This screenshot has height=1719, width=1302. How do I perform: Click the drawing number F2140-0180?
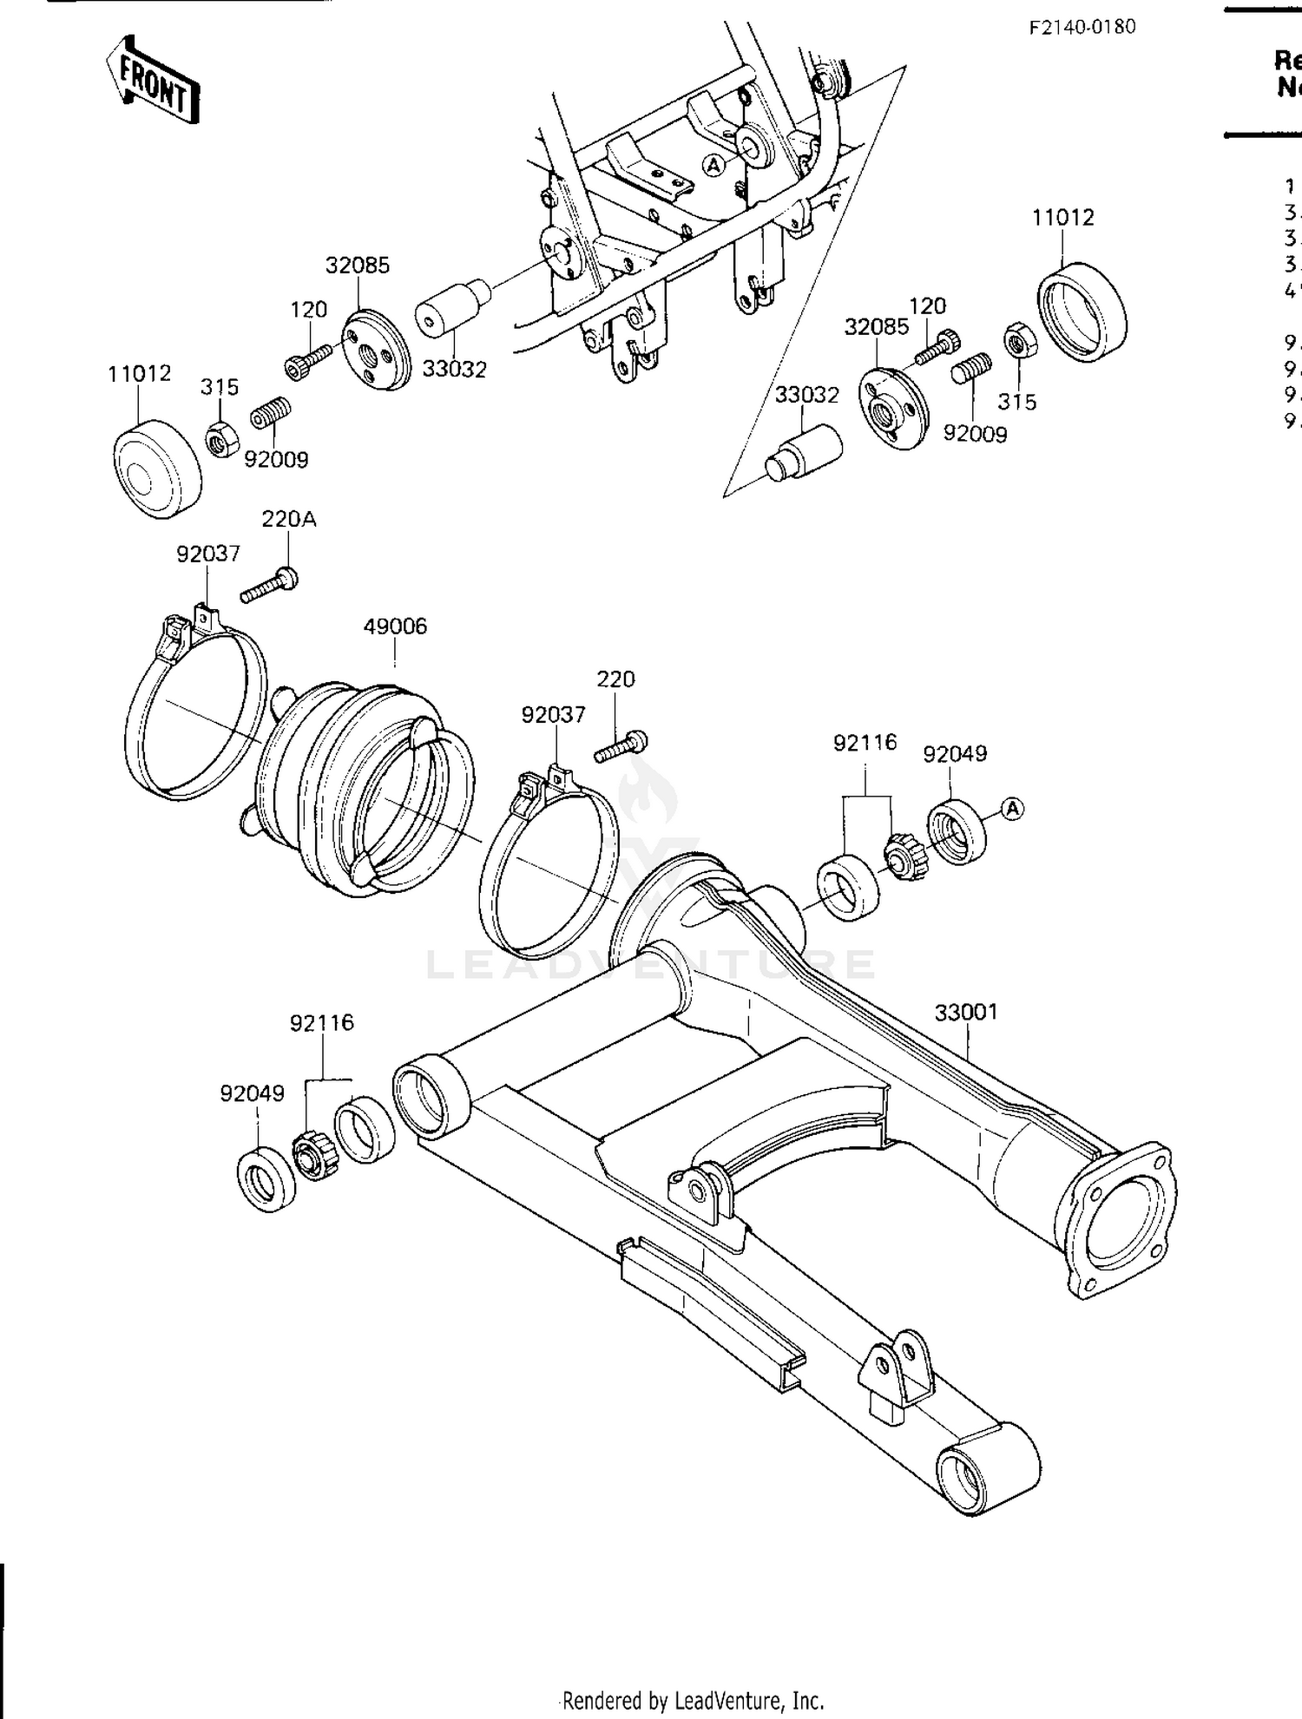1082,27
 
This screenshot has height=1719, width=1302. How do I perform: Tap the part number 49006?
395,626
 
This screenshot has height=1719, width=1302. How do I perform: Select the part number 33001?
966,1012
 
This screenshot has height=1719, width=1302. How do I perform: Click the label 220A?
288,519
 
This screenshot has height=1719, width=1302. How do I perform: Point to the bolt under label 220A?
269,585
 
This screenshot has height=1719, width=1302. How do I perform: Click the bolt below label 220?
621,747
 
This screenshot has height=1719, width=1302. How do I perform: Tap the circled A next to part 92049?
1012,809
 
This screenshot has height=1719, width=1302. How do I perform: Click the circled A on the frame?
713,165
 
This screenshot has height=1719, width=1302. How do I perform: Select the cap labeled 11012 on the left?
158,469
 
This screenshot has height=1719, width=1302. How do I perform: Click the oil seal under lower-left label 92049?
266,1177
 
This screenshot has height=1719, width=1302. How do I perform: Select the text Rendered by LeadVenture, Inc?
693,1699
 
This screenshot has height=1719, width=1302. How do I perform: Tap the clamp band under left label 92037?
195,707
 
